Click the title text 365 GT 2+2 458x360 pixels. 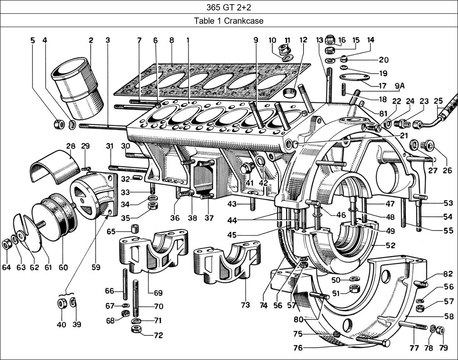[x=229, y=7]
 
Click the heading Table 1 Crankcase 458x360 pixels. [x=229, y=20]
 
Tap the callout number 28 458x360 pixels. [x=70, y=146]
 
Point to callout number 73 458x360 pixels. [x=245, y=305]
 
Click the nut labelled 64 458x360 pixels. [x=7, y=244]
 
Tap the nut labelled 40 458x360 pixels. [x=62, y=303]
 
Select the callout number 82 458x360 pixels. [x=448, y=274]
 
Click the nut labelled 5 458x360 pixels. [x=59, y=124]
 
